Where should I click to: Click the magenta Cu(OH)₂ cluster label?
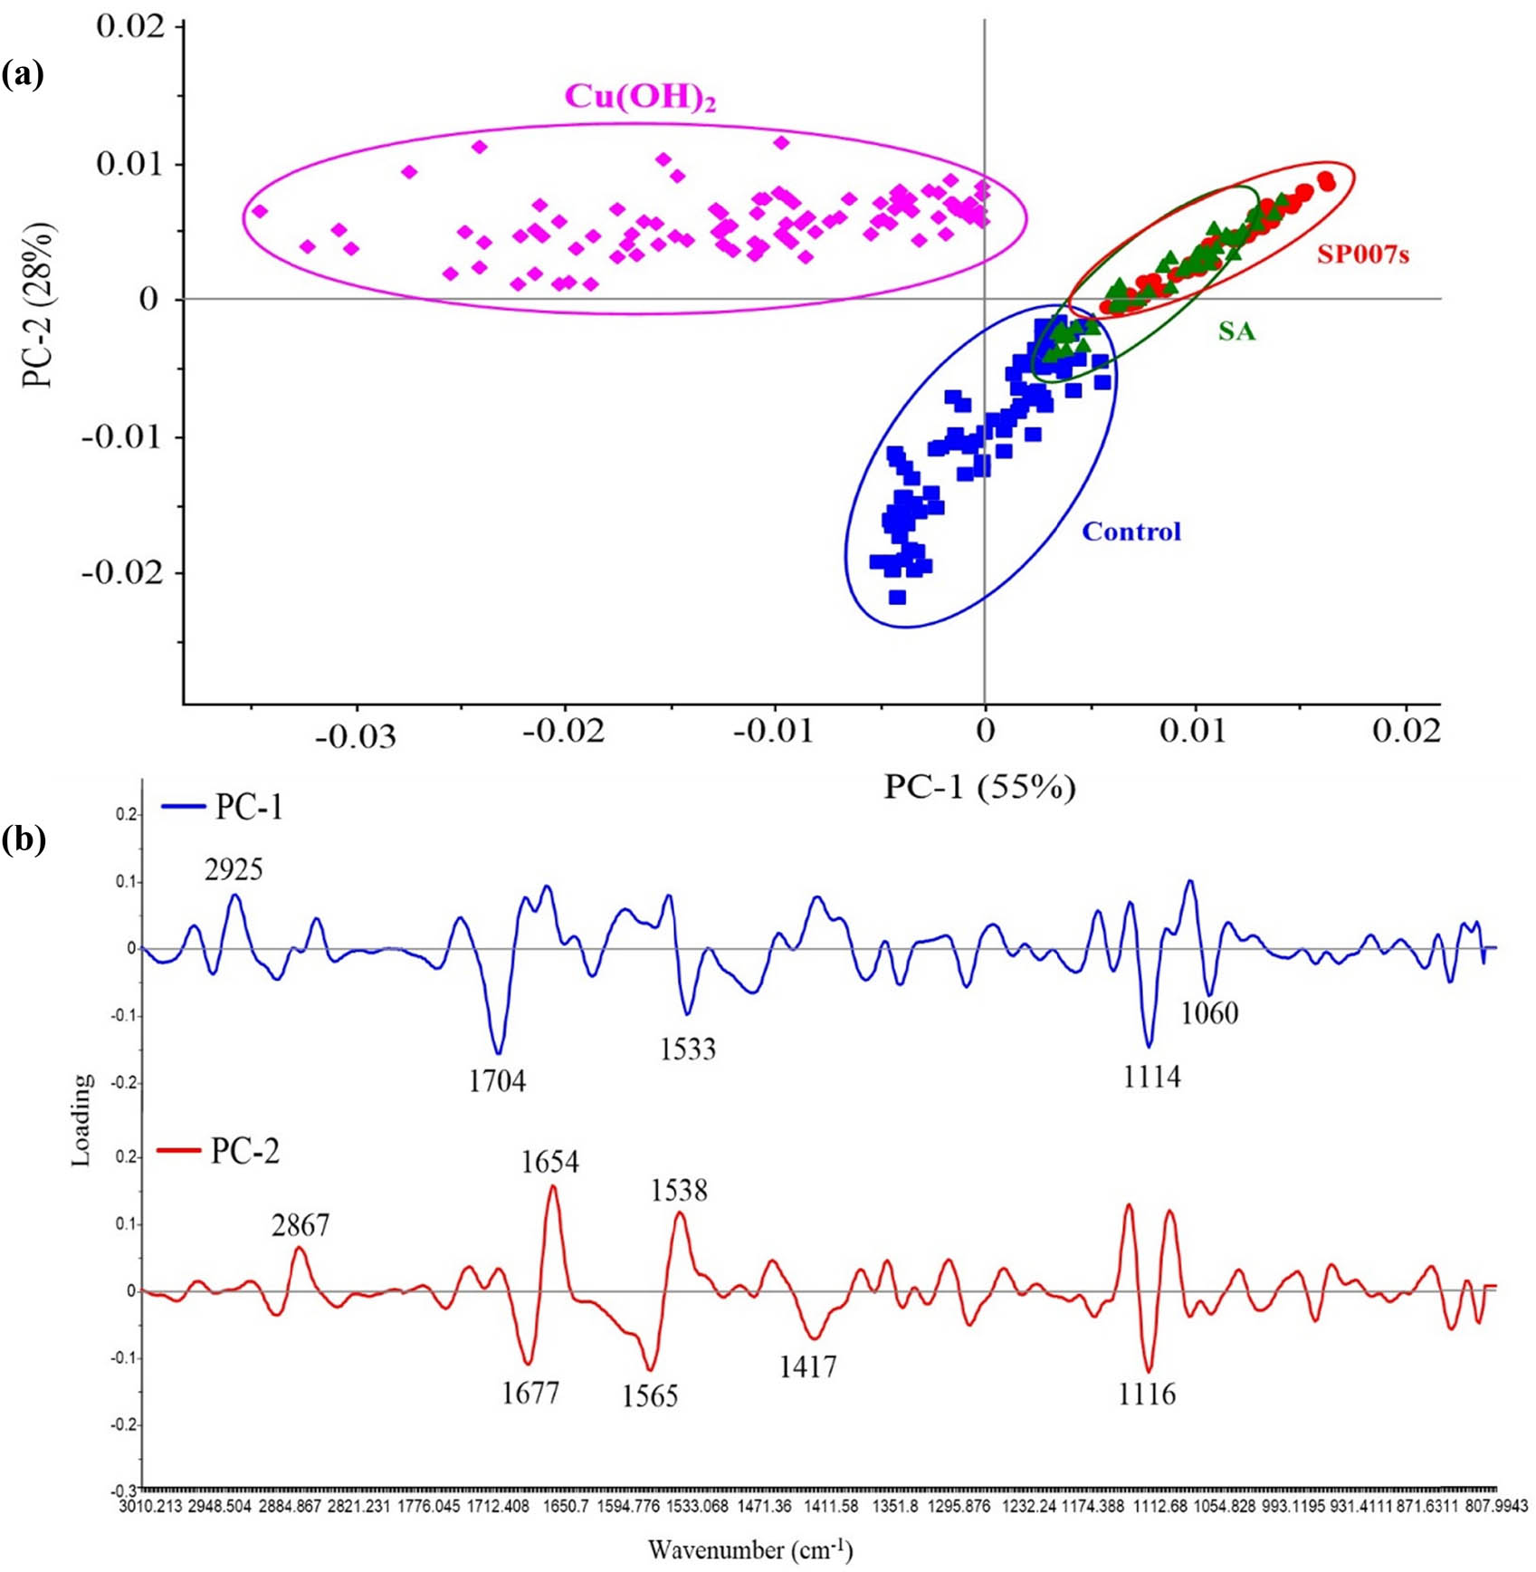(640, 97)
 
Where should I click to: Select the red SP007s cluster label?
(1362, 255)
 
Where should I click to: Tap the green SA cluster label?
(1236, 331)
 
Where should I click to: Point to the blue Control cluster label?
(1131, 532)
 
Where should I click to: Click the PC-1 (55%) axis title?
(979, 788)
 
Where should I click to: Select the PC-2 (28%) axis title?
(39, 306)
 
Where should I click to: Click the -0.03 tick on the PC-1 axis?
(356, 735)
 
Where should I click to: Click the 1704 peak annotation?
(497, 1081)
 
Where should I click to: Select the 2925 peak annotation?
(234, 870)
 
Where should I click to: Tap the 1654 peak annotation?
(549, 1162)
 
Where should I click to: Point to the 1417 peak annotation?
(807, 1366)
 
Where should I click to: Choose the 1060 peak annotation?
(1209, 1012)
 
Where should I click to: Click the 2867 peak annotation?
(301, 1226)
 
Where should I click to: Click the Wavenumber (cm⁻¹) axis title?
(749, 1550)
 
